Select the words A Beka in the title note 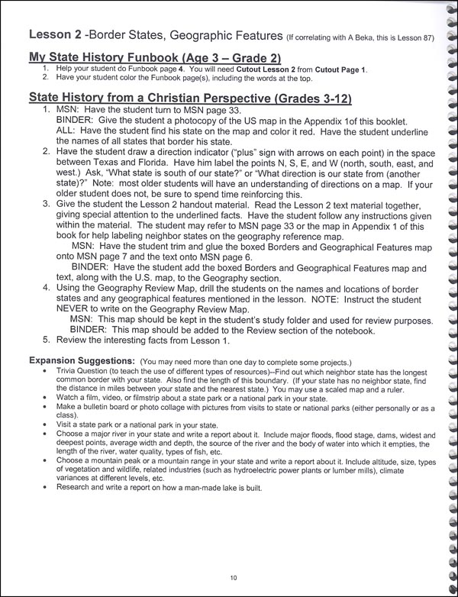[x=357, y=36]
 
